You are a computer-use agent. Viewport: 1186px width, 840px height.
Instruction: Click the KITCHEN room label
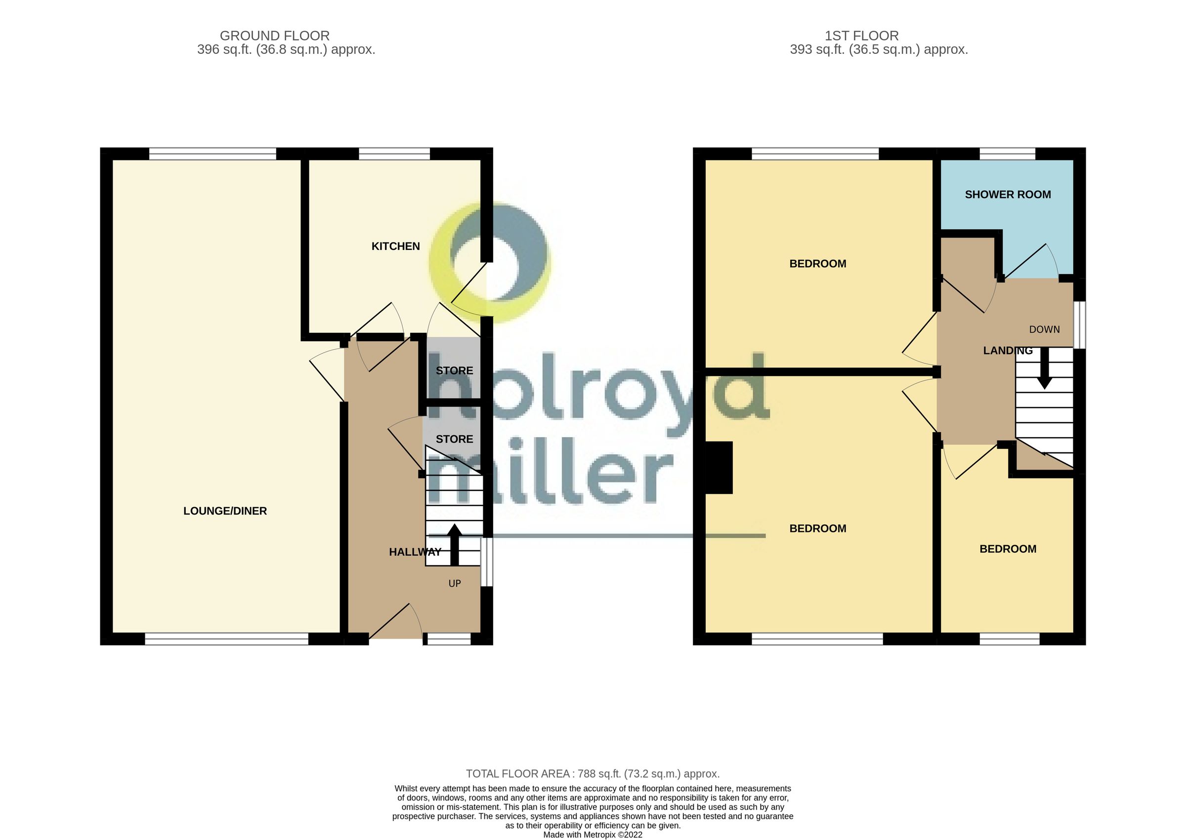[x=395, y=246]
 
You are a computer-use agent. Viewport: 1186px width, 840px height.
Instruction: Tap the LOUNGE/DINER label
[x=225, y=511]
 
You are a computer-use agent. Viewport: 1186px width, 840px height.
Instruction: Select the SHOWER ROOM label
[x=1008, y=195]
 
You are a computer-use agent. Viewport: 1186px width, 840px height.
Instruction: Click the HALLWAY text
[x=415, y=552]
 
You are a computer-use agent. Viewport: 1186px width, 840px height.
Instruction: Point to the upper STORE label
[x=454, y=370]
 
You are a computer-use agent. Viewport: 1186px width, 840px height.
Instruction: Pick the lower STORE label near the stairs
[x=454, y=439]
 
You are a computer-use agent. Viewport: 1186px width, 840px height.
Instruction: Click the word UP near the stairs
[x=454, y=583]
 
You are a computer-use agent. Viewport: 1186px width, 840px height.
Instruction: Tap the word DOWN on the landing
[x=1044, y=329]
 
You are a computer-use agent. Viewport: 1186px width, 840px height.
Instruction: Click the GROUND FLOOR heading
[x=274, y=36]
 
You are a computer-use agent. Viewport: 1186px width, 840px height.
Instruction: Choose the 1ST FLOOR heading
[x=861, y=36]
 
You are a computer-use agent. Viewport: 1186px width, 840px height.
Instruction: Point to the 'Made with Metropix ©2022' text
[x=593, y=834]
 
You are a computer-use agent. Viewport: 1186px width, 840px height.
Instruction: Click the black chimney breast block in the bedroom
[x=719, y=468]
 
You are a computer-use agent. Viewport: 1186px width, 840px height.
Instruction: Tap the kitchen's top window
[x=394, y=154]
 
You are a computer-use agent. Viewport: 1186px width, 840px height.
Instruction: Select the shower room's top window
[x=1007, y=154]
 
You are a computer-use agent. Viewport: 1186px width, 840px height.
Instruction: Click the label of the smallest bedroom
[x=1008, y=549]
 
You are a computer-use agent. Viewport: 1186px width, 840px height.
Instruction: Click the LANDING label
[x=1008, y=351]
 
